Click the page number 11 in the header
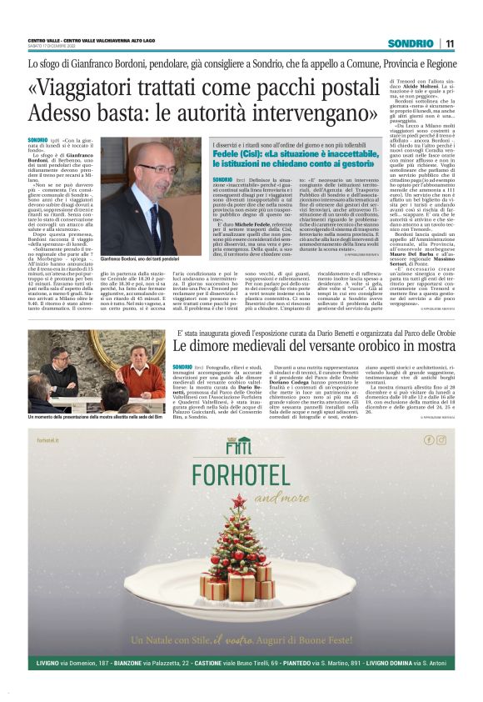click(x=450, y=43)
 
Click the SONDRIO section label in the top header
click(x=411, y=43)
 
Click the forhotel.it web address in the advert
click(x=50, y=441)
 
